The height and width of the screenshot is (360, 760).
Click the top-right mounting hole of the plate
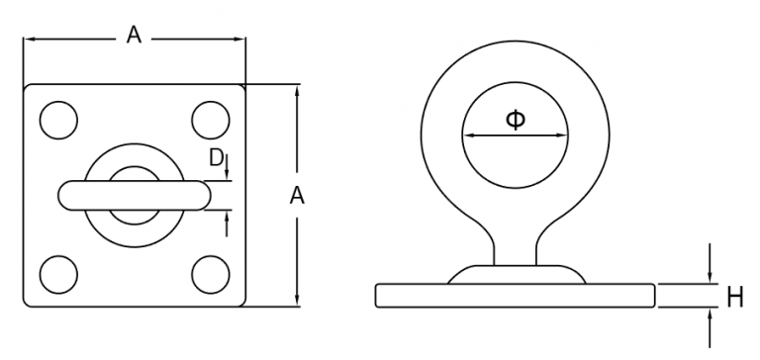point(210,119)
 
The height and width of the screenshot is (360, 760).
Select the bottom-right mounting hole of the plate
point(210,272)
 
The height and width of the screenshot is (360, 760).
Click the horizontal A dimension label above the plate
point(134,37)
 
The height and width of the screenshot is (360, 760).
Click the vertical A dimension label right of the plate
point(297,196)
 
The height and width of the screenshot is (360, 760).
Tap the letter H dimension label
point(734,295)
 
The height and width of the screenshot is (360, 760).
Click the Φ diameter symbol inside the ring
point(516,120)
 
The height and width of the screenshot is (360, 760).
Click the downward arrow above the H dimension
point(710,276)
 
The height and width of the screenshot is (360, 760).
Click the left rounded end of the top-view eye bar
point(66,195)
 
